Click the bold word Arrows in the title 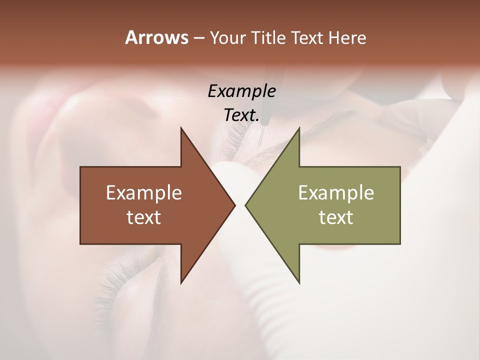click(x=156, y=37)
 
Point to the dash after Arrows click(x=198, y=38)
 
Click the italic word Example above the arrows click(x=241, y=91)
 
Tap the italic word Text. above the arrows click(x=241, y=115)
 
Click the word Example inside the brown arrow click(x=143, y=192)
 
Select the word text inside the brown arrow click(x=143, y=217)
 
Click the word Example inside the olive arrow click(x=336, y=192)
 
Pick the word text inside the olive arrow click(x=336, y=217)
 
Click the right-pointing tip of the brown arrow click(x=235, y=205)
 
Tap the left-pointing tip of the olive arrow click(x=245, y=205)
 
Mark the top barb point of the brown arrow click(x=181, y=128)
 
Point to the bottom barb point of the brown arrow click(x=181, y=283)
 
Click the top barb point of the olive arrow click(x=299, y=128)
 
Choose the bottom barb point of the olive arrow click(x=299, y=283)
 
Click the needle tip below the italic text click(x=258, y=144)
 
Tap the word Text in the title click(x=306, y=38)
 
